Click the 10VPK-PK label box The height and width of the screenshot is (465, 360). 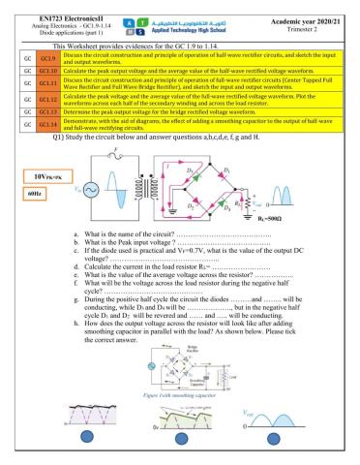(38, 176)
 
